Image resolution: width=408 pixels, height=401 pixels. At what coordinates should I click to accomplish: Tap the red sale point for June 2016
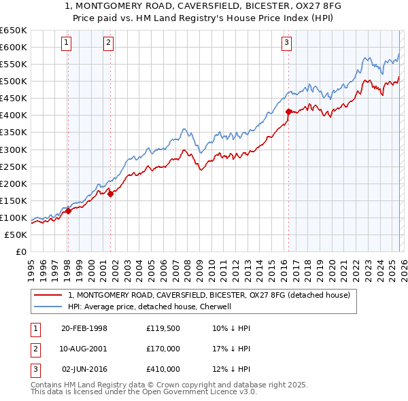pos(288,111)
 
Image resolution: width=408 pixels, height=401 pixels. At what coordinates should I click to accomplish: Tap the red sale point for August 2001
pos(110,194)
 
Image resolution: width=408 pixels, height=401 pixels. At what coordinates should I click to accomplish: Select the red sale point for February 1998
pos(68,211)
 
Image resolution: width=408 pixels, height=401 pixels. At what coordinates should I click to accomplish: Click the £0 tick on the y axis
pos(20,251)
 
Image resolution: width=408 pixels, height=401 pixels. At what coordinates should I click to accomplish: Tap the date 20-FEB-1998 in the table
pos(84,328)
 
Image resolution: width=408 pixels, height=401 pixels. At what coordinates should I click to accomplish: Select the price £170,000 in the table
pos(163,349)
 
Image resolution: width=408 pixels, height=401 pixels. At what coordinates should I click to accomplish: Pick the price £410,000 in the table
pos(163,369)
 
